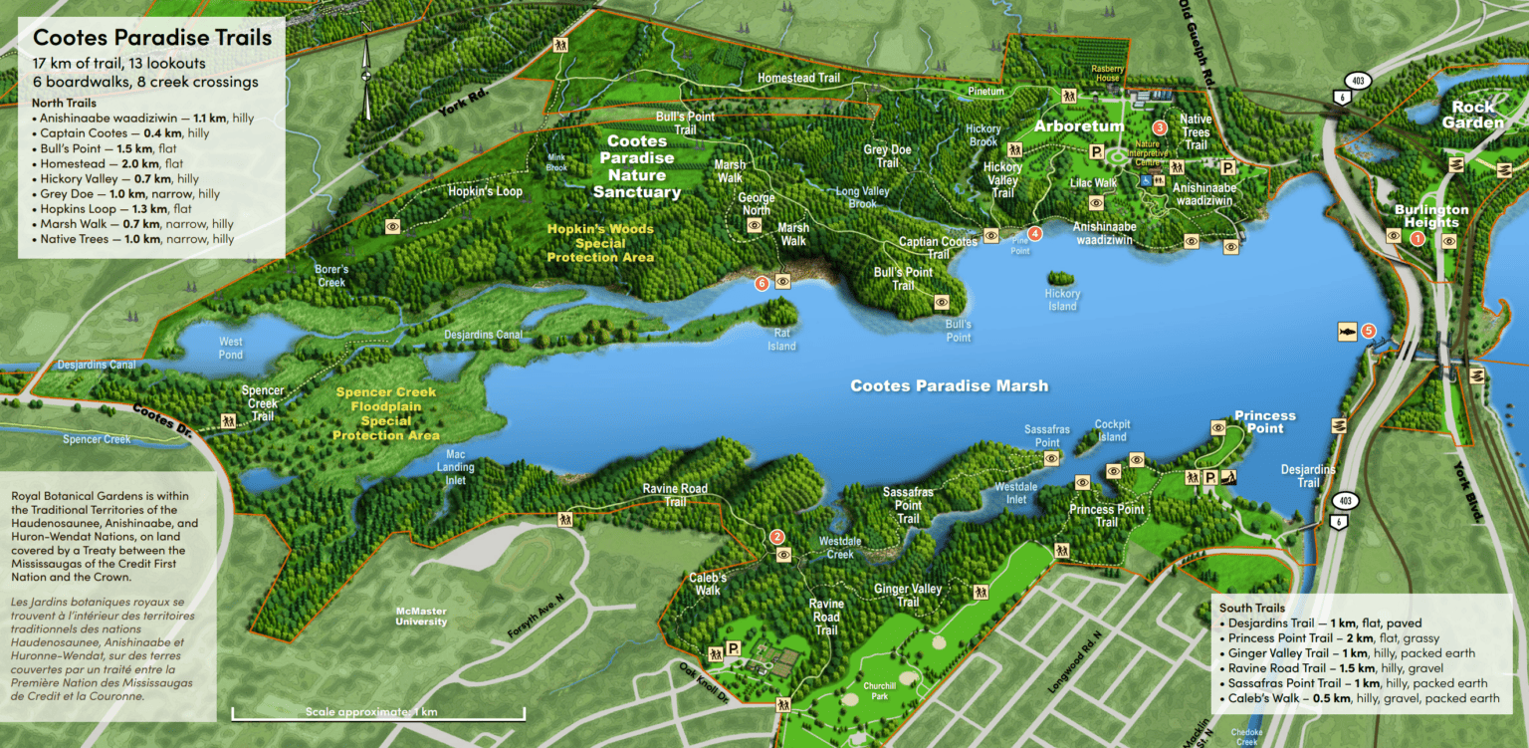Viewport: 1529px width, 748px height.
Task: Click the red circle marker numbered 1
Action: tap(1418, 238)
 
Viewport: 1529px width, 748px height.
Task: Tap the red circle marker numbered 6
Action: tap(763, 282)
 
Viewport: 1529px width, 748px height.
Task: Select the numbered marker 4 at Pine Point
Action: tap(1035, 234)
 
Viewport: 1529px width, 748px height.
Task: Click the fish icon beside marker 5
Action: tap(1347, 331)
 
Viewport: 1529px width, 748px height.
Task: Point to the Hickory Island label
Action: tap(1062, 300)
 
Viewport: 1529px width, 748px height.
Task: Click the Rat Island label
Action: tap(781, 340)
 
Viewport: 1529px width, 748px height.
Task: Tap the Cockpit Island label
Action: tap(1112, 430)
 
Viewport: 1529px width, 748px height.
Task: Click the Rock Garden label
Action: tap(1472, 115)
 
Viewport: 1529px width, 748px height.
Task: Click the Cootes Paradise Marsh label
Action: tap(948, 386)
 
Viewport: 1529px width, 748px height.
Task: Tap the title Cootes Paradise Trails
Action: tap(151, 39)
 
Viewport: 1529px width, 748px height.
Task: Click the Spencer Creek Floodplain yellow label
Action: tap(385, 413)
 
